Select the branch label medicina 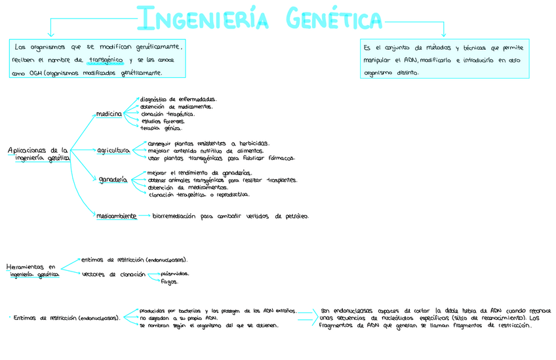point(109,114)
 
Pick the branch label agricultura point(113,150)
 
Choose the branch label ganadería point(113,179)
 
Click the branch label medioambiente point(116,215)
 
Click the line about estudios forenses point(163,121)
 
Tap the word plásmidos point(175,273)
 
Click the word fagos point(169,282)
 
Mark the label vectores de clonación point(113,274)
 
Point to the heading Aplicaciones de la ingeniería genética point(38,154)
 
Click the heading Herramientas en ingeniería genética point(32,271)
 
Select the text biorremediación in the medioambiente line point(175,215)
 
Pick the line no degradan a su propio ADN point(178,318)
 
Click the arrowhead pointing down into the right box point(444,34)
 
